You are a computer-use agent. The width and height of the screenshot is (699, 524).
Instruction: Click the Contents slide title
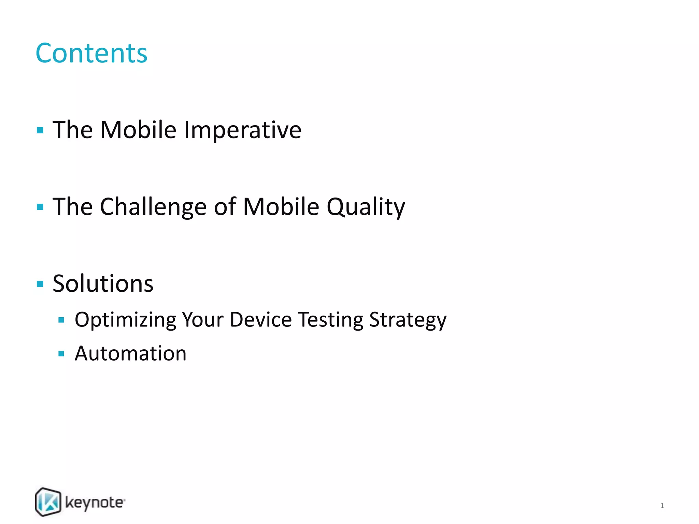click(91, 53)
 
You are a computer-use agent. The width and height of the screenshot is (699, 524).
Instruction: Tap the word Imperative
click(242, 130)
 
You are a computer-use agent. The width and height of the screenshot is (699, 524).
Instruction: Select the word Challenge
click(153, 207)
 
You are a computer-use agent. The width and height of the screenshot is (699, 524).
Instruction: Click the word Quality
click(366, 207)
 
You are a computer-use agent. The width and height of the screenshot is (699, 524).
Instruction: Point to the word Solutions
click(103, 284)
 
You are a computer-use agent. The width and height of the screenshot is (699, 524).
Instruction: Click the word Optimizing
click(125, 320)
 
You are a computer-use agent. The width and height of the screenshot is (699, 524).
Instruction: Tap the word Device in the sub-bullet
click(260, 320)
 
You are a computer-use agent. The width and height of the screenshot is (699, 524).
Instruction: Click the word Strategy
click(408, 320)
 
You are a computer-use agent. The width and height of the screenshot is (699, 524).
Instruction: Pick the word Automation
click(130, 353)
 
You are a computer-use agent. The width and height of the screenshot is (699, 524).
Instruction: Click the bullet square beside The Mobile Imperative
click(40, 130)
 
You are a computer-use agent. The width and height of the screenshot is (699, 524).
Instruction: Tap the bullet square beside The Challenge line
click(40, 207)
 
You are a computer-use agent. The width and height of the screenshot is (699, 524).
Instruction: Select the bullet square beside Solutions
click(40, 284)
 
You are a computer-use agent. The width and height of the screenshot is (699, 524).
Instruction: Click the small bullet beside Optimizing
click(61, 320)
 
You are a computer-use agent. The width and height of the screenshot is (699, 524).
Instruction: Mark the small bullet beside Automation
click(61, 353)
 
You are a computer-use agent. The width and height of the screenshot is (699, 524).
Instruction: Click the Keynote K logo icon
click(48, 502)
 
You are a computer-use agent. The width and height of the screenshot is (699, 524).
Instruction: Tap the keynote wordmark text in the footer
click(95, 503)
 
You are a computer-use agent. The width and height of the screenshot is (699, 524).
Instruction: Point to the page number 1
click(662, 506)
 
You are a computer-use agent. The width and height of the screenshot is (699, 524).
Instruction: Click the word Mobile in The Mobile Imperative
click(138, 130)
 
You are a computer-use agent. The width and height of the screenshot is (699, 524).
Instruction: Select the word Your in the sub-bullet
click(202, 320)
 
